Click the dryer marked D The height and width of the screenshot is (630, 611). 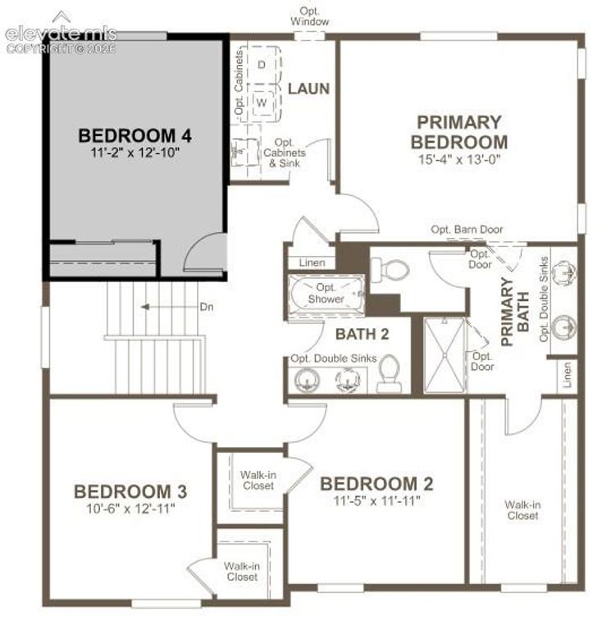point(262,64)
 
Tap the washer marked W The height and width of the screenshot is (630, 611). point(262,102)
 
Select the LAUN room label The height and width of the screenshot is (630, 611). point(308,89)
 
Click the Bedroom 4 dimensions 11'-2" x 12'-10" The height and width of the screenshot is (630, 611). point(135,153)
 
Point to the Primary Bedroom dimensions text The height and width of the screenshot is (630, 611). point(459,159)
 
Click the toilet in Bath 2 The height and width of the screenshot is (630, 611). point(389,374)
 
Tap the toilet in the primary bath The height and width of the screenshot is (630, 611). point(389,267)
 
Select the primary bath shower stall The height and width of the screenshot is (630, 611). point(445,355)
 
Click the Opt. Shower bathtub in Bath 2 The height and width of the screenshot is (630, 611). point(326,295)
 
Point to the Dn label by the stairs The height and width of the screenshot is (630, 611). point(207,307)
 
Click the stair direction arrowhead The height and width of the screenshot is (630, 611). point(145,307)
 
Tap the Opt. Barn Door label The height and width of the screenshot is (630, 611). point(467,230)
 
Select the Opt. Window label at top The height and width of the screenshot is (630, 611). point(310,16)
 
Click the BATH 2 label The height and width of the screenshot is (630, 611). point(362,334)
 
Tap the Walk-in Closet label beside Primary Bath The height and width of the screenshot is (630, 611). point(522,510)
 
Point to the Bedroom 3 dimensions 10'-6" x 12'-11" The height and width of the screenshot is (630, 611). point(130,509)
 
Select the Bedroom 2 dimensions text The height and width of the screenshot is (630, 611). point(376,500)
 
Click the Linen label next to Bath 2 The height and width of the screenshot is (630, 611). point(312,262)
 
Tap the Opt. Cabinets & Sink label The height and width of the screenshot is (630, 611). point(285,153)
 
